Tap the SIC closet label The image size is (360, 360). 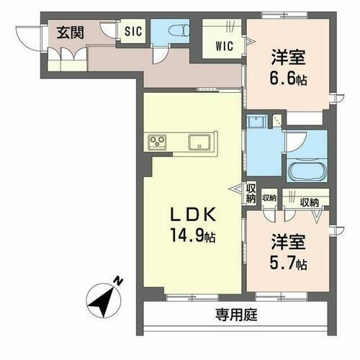[133, 31]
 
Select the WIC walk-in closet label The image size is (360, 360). [223, 46]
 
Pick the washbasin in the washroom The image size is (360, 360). [255, 123]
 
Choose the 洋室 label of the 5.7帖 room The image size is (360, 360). [287, 243]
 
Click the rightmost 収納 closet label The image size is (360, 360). [310, 202]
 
